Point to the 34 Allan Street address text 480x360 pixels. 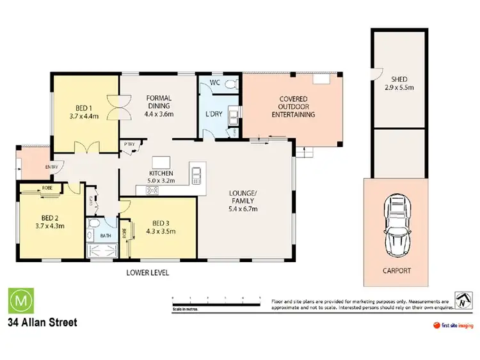pos(42,322)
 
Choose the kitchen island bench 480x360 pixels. pos(157,160)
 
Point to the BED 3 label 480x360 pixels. pos(161,227)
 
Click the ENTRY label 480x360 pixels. pos(51,168)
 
